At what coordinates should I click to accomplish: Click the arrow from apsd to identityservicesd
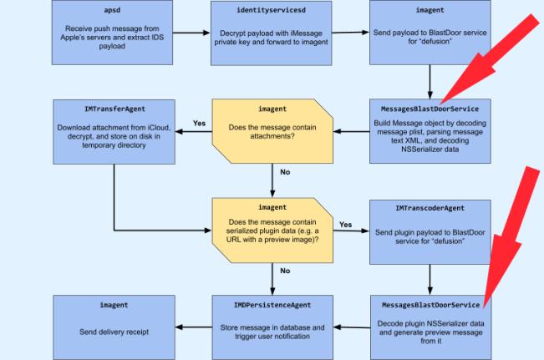click(190, 35)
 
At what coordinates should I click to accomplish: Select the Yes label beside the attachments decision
click(200, 123)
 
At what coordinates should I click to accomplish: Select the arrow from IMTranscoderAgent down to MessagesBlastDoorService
click(429, 271)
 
